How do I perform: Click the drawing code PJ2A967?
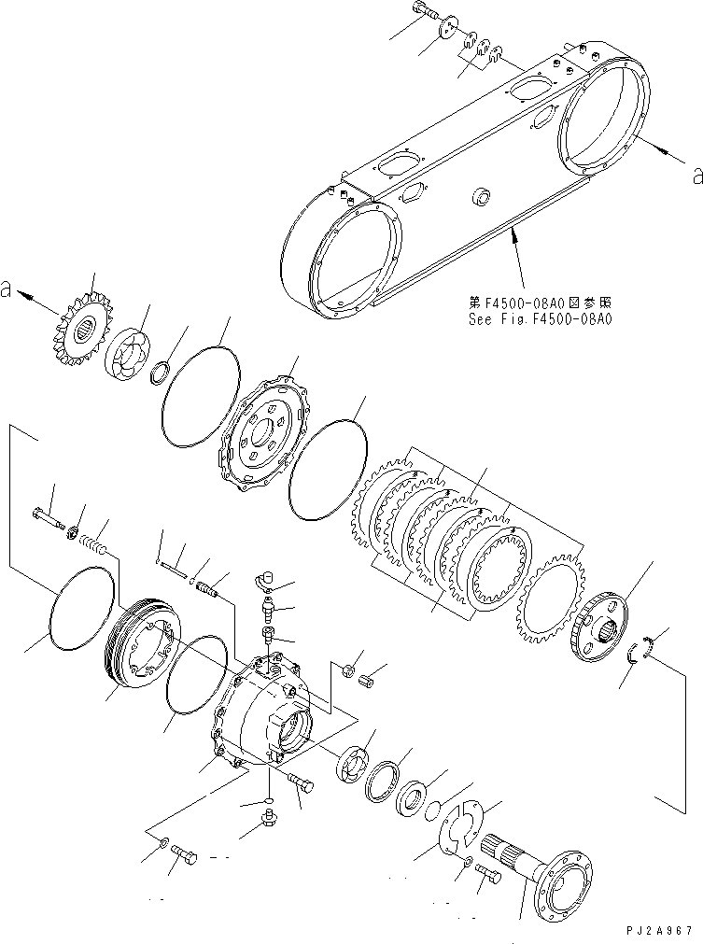click(658, 931)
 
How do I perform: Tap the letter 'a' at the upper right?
click(696, 173)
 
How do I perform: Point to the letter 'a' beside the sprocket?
click(8, 289)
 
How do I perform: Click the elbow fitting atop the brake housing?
click(265, 582)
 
